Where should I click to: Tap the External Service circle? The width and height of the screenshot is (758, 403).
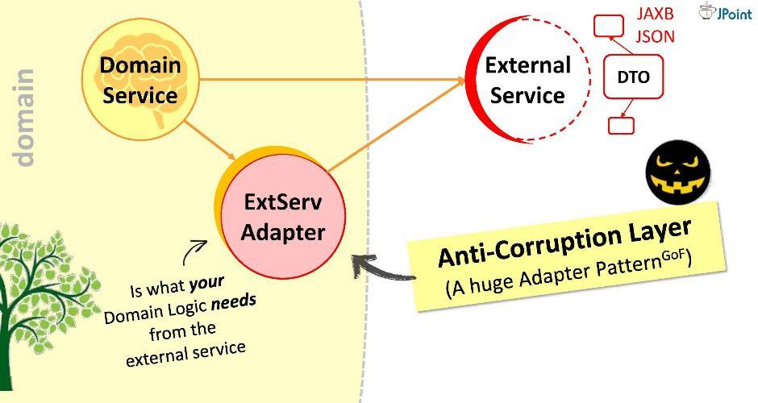(527, 80)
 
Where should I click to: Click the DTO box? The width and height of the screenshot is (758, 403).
(633, 77)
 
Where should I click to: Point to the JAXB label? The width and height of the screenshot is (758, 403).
(655, 14)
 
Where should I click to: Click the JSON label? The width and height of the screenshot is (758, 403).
(655, 36)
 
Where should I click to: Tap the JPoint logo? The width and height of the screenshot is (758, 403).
(725, 11)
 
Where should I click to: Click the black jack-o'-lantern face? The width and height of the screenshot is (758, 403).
(679, 177)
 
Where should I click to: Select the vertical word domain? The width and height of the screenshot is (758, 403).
(26, 118)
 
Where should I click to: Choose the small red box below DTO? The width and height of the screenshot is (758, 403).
(621, 125)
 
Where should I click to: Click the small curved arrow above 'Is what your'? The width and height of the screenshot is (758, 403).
(194, 252)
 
